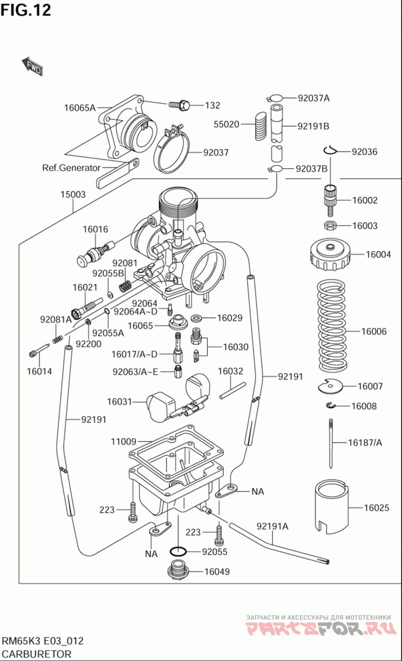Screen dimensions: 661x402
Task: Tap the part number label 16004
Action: (378, 255)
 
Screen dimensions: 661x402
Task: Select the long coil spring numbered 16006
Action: (332, 331)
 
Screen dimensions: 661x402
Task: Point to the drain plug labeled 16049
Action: (177, 571)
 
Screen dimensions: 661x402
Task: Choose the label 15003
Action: (73, 195)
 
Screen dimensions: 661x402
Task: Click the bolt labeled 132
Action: (178, 105)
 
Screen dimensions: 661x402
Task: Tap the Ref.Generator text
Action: (71, 168)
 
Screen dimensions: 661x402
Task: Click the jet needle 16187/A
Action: (331, 443)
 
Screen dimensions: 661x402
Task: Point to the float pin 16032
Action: (232, 391)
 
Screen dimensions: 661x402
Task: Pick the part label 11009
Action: (123, 442)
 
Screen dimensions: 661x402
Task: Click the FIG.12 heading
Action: (26, 10)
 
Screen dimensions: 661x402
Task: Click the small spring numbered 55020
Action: (259, 125)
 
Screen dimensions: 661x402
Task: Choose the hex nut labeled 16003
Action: (330, 225)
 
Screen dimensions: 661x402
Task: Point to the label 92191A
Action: (273, 527)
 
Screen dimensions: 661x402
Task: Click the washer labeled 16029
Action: (197, 318)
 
